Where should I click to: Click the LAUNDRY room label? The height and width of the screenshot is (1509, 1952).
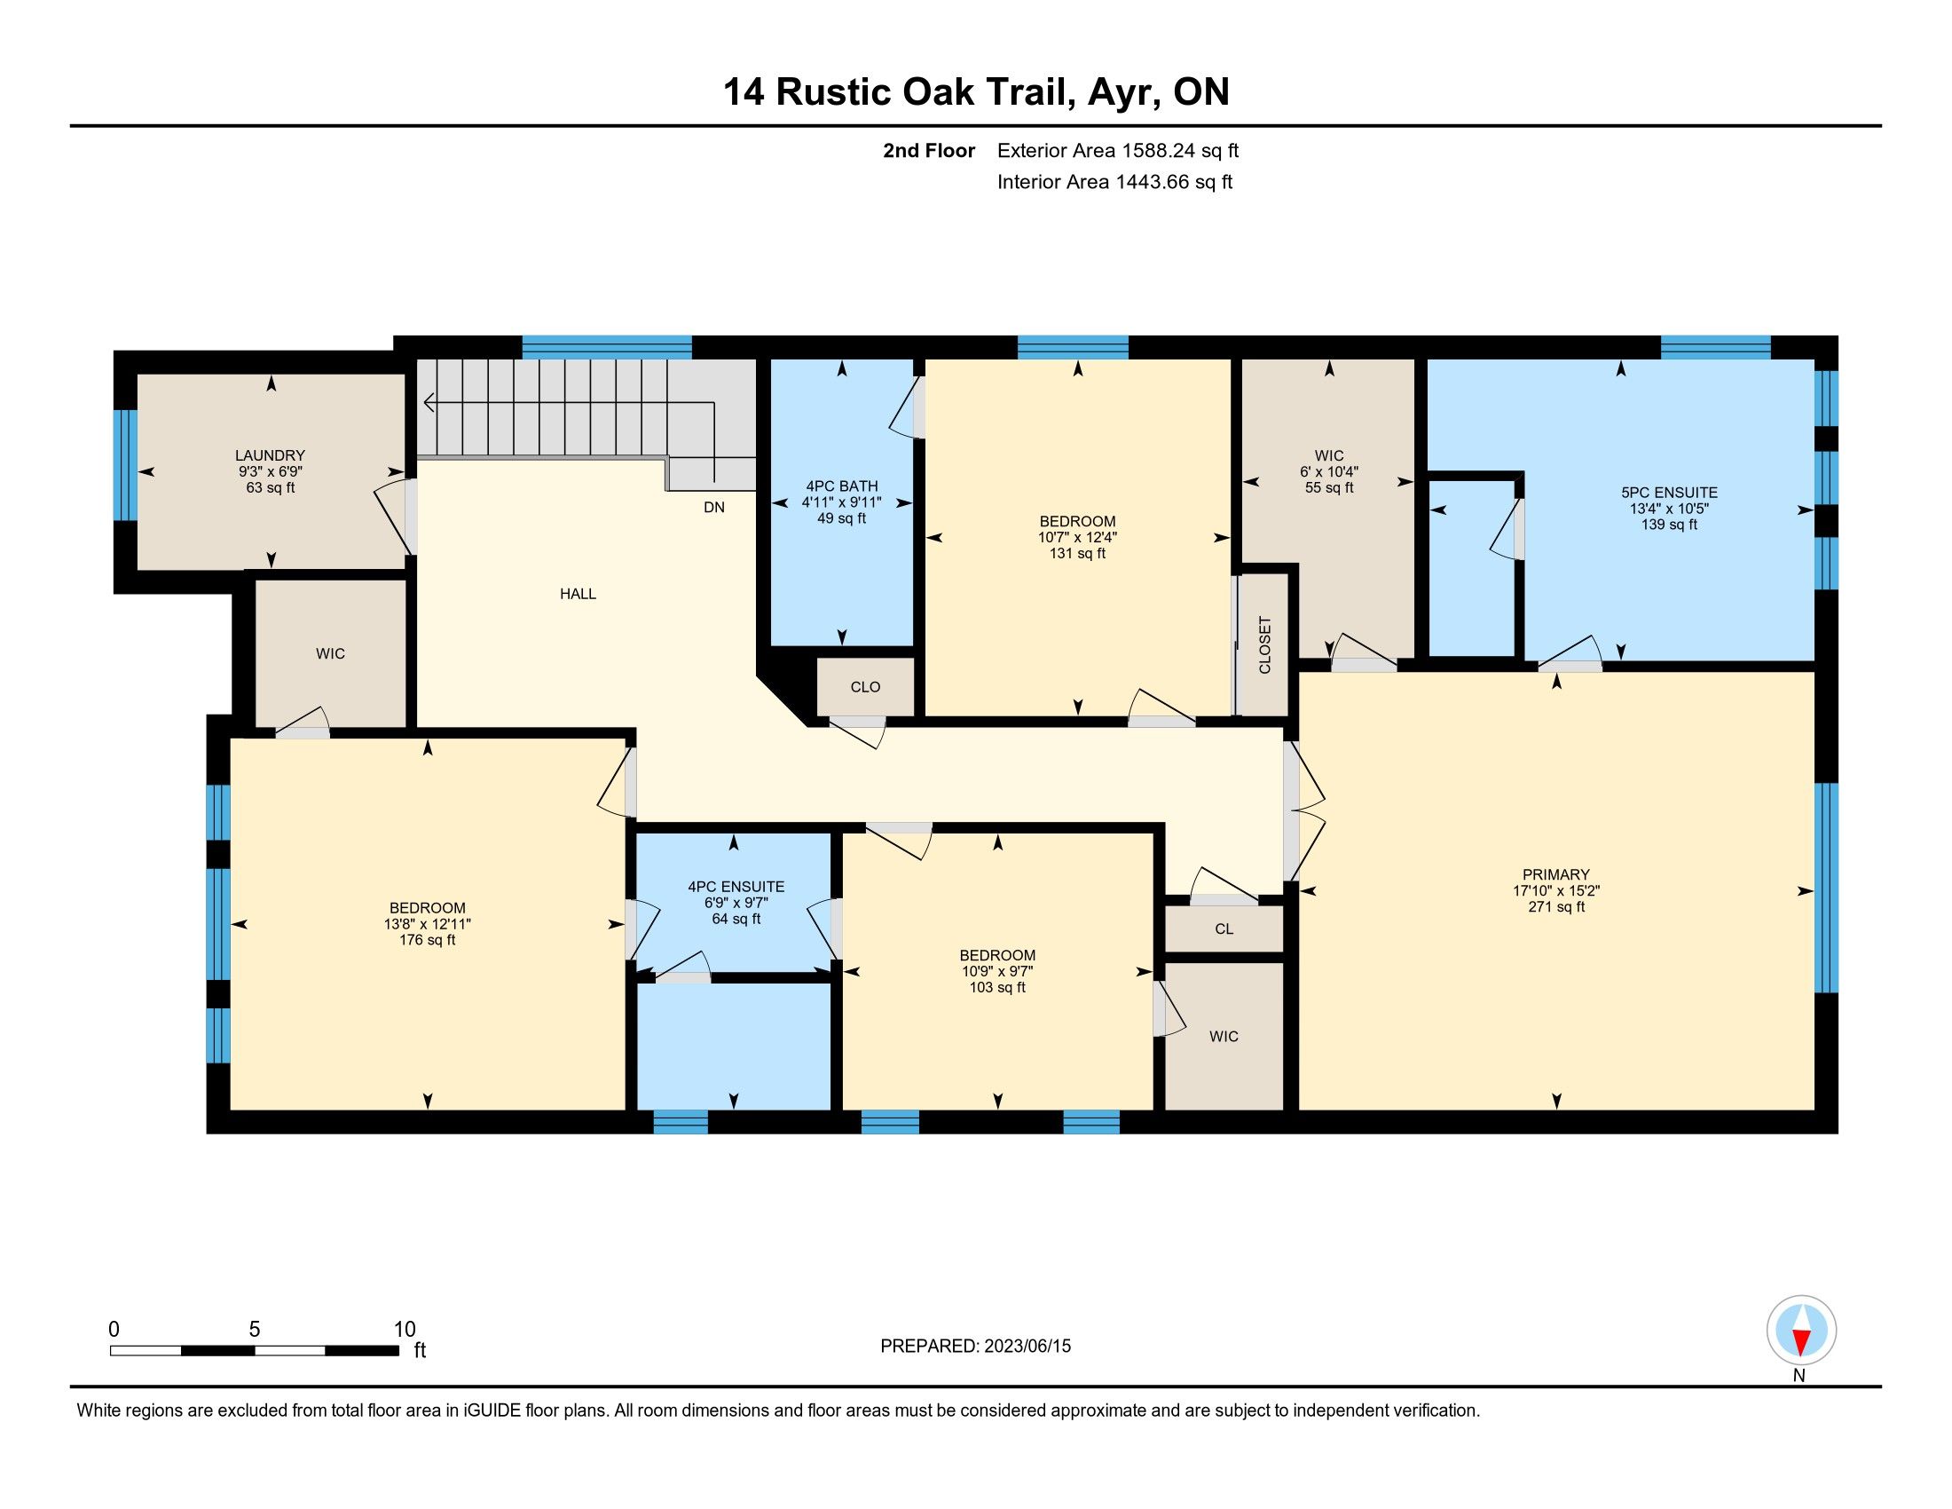pos(270,455)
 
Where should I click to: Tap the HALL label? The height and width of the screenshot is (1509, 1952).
pos(579,594)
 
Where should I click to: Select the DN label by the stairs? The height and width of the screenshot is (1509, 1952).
pos(714,507)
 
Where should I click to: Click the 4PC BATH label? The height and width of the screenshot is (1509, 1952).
pos(842,486)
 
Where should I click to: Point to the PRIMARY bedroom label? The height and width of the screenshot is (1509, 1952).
pos(1557,874)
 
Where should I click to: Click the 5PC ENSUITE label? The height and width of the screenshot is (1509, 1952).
pos(1670,493)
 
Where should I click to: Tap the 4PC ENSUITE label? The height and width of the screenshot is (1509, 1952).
pos(736,887)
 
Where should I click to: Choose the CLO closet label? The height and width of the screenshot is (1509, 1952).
pos(865,686)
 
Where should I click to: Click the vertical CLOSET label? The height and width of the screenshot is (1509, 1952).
pos(1264,644)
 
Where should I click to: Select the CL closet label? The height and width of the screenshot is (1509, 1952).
pos(1224,928)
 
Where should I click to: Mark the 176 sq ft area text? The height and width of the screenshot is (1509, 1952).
pos(429,940)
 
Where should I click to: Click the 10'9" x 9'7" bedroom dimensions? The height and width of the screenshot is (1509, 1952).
pos(998,971)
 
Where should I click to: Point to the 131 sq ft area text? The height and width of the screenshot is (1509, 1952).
pos(1078,553)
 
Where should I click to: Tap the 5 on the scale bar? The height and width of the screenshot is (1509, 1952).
pos(255,1330)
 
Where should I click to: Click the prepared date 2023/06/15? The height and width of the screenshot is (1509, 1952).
pos(1027,1347)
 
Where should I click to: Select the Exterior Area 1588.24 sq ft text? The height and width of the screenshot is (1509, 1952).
pos(1118,150)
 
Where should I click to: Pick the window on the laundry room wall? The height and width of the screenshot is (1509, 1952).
pos(125,465)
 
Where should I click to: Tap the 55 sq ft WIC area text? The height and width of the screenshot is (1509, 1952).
pos(1330,488)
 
